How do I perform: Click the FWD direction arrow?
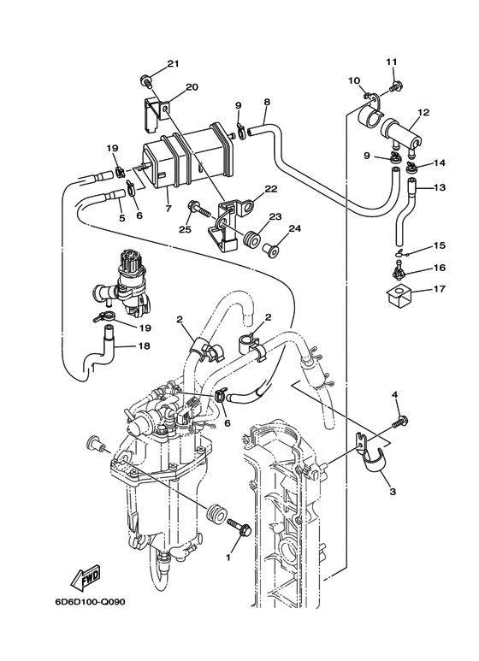[x=87, y=580]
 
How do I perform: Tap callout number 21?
[x=174, y=64]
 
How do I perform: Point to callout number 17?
[x=440, y=288]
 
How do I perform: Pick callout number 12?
[x=423, y=112]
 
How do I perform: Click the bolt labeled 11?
[x=397, y=86]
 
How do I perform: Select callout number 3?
[x=392, y=492]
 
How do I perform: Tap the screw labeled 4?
[x=399, y=421]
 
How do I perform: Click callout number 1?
[x=228, y=557]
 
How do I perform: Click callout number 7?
[x=169, y=209]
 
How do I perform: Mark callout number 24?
[x=294, y=228]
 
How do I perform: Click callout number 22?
[x=270, y=189]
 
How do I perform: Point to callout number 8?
[x=267, y=102]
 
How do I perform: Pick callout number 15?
[x=440, y=245]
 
